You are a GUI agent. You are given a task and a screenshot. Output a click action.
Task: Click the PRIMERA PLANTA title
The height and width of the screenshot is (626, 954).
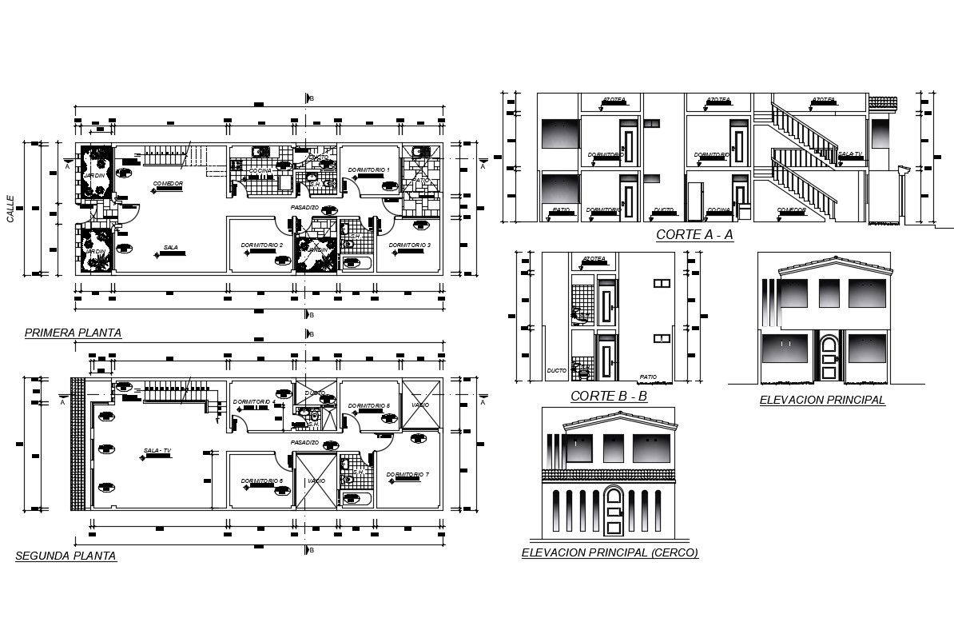73,333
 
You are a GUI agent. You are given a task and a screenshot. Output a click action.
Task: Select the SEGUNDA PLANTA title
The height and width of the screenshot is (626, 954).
66,556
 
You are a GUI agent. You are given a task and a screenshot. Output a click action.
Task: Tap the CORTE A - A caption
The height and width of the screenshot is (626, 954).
694,234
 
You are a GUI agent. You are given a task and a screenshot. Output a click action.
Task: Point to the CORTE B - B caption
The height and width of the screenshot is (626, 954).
609,396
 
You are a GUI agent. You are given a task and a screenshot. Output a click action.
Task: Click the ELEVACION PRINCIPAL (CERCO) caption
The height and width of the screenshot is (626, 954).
609,552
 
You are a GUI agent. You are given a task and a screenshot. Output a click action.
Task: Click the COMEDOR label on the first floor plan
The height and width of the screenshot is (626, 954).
168,184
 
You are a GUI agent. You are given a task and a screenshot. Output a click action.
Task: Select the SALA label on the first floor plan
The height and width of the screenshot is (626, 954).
170,247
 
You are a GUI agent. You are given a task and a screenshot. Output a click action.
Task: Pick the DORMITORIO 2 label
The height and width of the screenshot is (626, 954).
263,245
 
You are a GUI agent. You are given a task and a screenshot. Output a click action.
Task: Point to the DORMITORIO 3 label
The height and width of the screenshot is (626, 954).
411,245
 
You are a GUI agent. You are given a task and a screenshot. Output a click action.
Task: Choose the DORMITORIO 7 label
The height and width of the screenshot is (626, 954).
407,475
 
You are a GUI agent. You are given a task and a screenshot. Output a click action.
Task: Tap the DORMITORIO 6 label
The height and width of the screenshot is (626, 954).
262,480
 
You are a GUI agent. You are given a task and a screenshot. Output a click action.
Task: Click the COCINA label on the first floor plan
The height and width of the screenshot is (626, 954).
259,171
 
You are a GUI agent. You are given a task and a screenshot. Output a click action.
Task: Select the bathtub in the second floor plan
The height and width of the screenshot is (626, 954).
355,500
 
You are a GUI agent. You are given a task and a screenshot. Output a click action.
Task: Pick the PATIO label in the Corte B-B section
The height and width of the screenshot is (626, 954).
647,377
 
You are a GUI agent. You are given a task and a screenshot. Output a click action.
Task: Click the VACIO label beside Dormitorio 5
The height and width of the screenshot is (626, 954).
420,405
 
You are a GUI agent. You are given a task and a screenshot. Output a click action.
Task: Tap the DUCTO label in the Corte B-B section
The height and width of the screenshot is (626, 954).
556,371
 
